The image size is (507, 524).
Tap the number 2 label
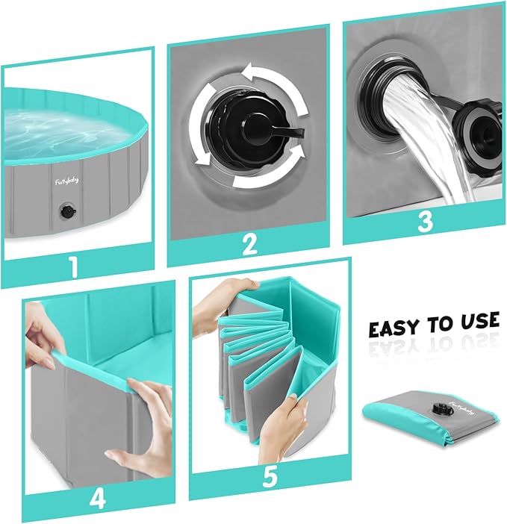tap(249, 245)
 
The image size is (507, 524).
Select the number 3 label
tap(425, 222)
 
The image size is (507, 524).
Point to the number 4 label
tap(98, 499)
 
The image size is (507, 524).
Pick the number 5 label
tap(270, 477)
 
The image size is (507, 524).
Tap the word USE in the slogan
tap(479, 320)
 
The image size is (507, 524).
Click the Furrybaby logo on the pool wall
tap(66, 181)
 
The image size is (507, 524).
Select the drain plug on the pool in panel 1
tap(68, 212)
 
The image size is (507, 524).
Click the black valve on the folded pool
tap(439, 408)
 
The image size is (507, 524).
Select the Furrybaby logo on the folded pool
tap(462, 408)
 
